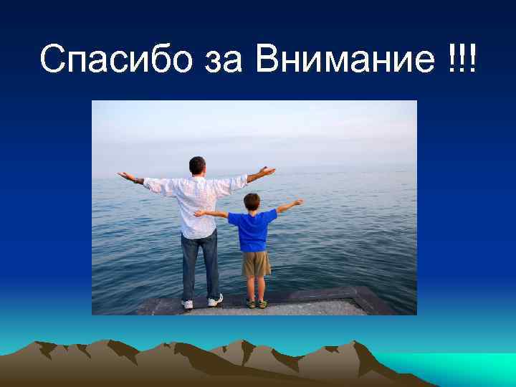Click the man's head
tap(197, 166)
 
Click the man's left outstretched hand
tap(125, 175)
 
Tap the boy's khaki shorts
tap(255, 264)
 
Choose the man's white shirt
tap(197, 204)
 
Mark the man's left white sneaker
tap(188, 304)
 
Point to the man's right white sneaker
tap(215, 300)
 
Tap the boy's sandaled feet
tap(256, 302)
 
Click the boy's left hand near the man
tap(200, 213)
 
